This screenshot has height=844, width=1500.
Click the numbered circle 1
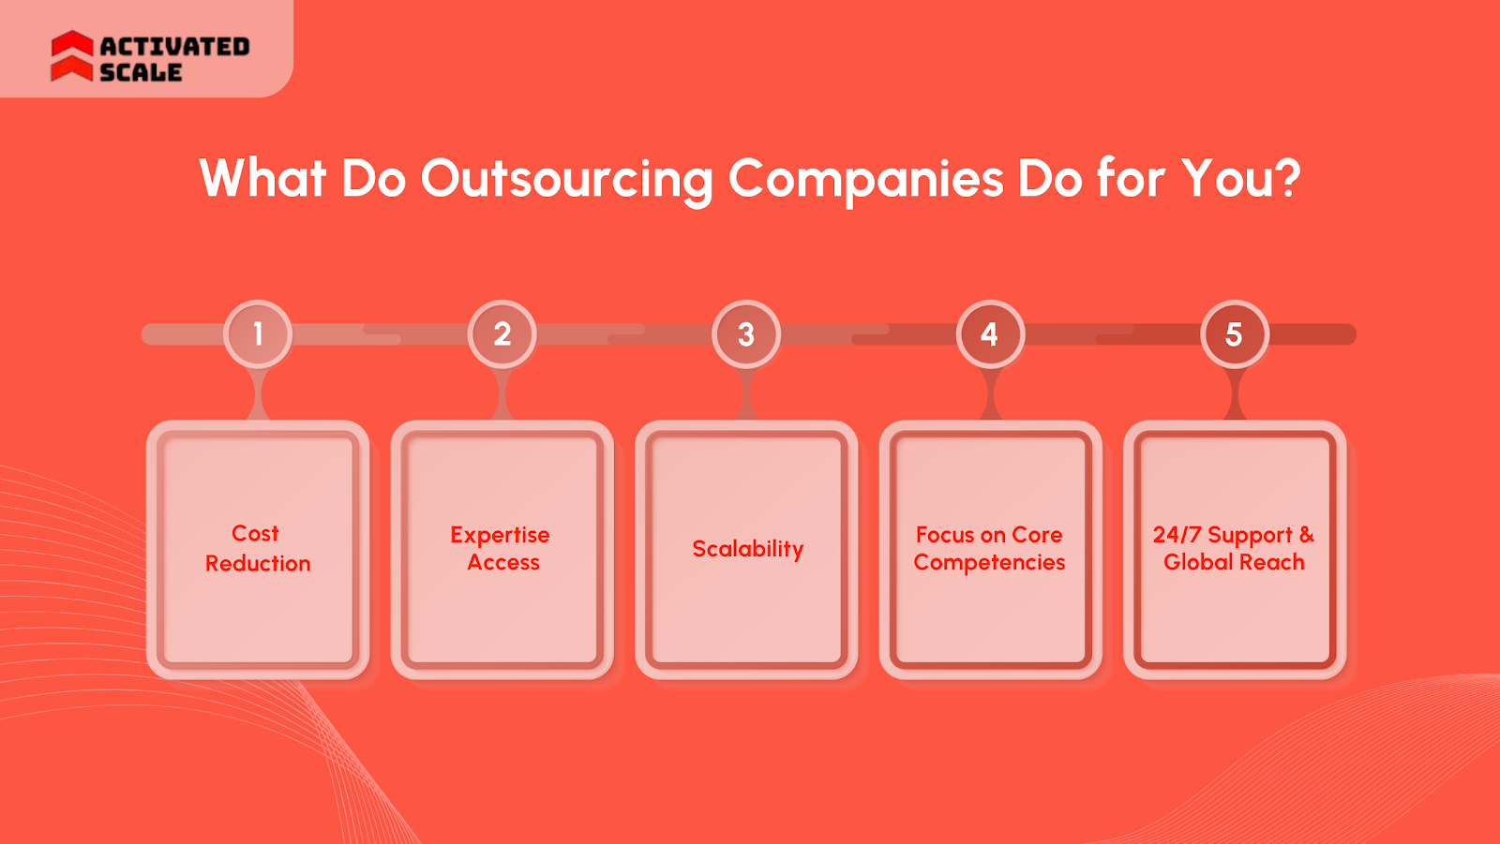(258, 334)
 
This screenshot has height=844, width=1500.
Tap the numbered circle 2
(502, 334)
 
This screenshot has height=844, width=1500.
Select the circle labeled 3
(746, 334)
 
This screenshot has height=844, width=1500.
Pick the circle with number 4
(990, 334)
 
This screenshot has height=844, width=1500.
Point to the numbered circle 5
(1235, 334)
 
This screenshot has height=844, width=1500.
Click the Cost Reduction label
(258, 548)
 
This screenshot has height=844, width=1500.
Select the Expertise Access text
(501, 548)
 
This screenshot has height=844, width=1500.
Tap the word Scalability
(747, 549)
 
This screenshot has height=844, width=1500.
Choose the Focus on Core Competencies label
(989, 548)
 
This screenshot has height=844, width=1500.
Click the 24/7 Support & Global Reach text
(1234, 548)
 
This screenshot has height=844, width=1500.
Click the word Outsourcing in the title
(566, 179)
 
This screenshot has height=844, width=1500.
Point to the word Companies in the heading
(865, 179)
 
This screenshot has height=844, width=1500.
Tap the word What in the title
(262, 178)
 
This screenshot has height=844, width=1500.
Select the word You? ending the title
(1240, 178)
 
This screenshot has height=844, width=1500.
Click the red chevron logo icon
(72, 56)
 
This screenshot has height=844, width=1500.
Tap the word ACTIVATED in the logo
(174, 46)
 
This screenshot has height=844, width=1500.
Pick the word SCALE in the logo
(141, 72)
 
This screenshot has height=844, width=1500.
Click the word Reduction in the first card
(258, 563)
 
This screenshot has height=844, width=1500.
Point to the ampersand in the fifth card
(1306, 534)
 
